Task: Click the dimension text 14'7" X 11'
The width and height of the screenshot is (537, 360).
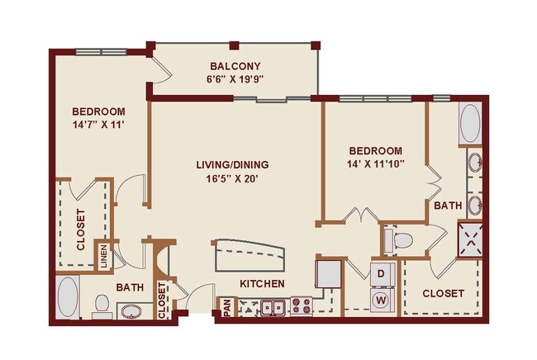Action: pos(97,126)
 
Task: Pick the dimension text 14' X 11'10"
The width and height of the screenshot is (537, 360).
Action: pos(375,164)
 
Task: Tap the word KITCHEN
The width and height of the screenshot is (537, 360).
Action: pos(262,284)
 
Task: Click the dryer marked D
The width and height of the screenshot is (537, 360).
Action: pos(382,272)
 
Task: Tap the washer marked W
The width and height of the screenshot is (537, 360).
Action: pos(382,299)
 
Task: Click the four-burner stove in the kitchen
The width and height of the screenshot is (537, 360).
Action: pos(300,306)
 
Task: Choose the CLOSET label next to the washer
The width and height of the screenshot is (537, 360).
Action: pos(443,293)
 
